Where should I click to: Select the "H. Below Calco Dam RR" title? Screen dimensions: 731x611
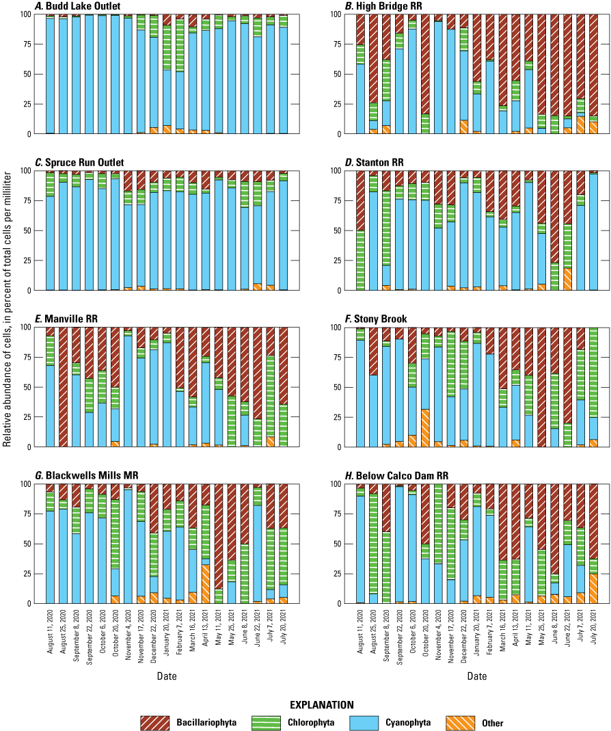click(x=391, y=475)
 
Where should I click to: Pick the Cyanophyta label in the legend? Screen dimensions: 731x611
click(x=407, y=722)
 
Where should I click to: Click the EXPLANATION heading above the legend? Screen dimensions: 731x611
click(x=321, y=704)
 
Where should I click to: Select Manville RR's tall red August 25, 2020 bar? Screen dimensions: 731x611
click(x=63, y=387)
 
